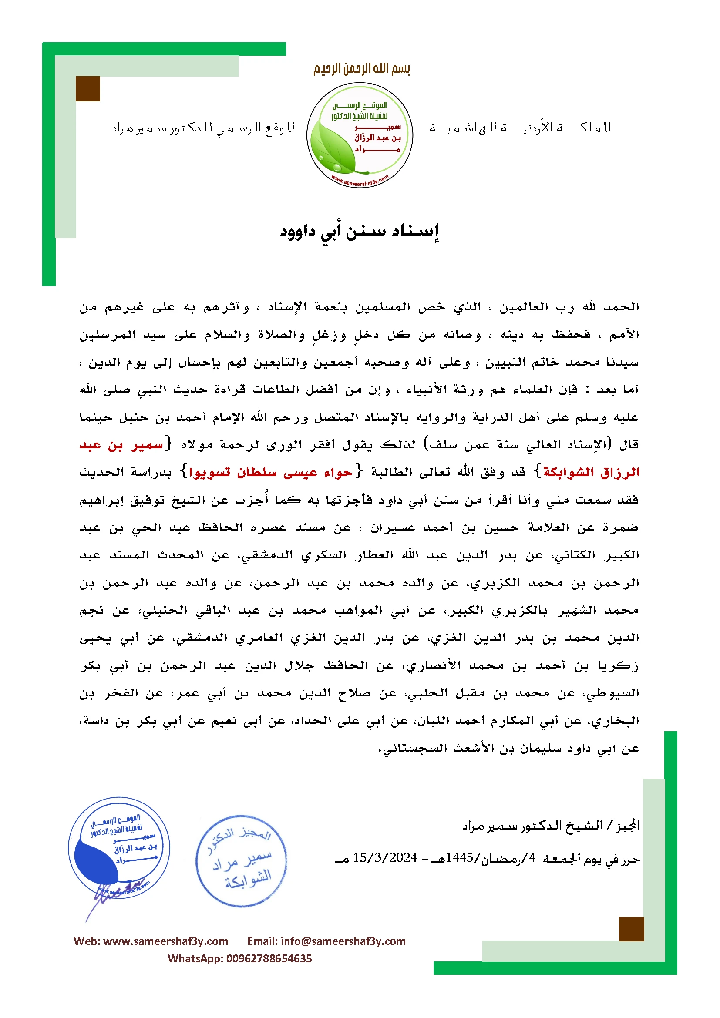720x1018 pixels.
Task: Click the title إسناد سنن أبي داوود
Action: click(360, 232)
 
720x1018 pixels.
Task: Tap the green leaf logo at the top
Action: click(360, 135)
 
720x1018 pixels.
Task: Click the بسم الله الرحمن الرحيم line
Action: click(361, 69)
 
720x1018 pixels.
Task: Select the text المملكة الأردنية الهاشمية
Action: click(520, 128)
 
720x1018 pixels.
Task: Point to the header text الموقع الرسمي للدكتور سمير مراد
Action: click(203, 128)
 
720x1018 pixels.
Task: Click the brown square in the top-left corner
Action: click(88, 89)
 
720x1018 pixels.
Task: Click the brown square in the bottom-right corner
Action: click(631, 929)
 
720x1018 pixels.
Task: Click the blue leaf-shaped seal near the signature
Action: click(119, 848)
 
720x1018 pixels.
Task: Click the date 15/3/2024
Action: click(385, 858)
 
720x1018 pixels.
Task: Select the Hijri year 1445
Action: click(460, 858)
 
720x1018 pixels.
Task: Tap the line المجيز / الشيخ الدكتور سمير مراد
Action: click(551, 826)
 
